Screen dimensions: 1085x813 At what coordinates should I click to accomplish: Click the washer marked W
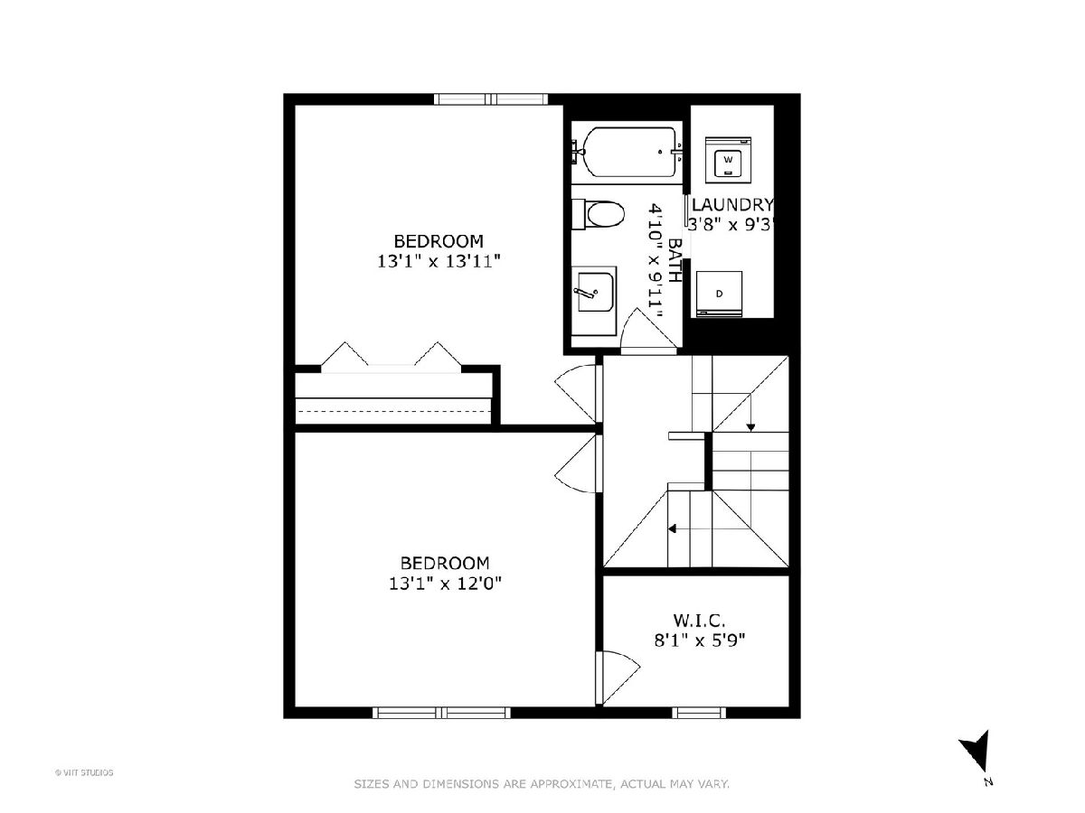coord(728,160)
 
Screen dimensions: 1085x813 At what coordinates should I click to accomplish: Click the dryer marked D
coord(719,294)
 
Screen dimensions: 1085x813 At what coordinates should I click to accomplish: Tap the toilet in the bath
coord(599,214)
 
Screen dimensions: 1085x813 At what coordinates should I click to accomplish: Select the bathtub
coord(627,152)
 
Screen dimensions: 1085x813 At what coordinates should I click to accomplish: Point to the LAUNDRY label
coord(732,204)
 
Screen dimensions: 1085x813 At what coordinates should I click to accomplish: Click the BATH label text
coord(675,260)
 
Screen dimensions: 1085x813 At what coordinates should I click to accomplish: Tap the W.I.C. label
coord(699,620)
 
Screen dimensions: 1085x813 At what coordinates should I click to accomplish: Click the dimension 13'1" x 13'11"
coord(439,261)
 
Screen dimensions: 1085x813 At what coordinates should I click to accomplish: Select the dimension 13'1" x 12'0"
coord(445,584)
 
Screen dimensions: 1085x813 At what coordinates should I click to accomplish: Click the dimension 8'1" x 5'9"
coord(700,640)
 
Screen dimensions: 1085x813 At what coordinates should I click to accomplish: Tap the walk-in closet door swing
coord(618,677)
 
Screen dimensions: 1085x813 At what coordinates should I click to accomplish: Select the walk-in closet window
coord(699,713)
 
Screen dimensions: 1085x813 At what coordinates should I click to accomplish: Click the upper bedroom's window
coord(491,99)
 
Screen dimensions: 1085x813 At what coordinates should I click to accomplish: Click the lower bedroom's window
coord(441,713)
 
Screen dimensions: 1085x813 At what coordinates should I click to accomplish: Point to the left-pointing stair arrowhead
coord(673,528)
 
